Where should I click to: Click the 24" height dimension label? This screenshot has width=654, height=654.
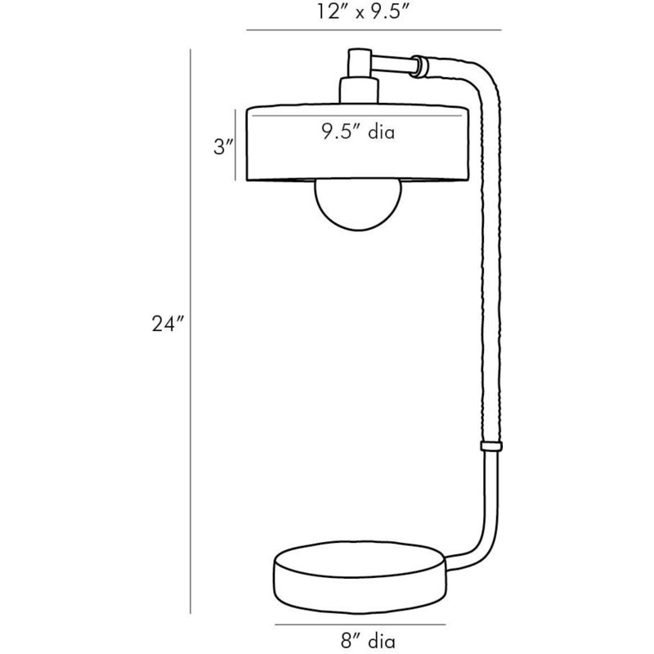pyautogui.click(x=168, y=324)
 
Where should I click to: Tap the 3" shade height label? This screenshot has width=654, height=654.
pyautogui.click(x=223, y=147)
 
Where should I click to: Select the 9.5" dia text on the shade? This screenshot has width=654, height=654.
pyautogui.click(x=358, y=132)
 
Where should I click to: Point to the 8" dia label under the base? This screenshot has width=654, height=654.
pyautogui.click(x=368, y=640)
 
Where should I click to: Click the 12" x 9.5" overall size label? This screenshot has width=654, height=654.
pyautogui.click(x=361, y=11)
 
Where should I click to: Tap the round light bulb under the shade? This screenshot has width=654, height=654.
pyautogui.click(x=358, y=204)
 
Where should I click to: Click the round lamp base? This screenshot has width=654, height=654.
pyautogui.click(x=361, y=577)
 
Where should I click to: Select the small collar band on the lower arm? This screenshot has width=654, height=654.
pyautogui.click(x=491, y=446)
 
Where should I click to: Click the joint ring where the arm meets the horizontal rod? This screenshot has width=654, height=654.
pyautogui.click(x=419, y=66)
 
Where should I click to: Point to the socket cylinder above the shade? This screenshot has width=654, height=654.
pyautogui.click(x=359, y=90)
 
